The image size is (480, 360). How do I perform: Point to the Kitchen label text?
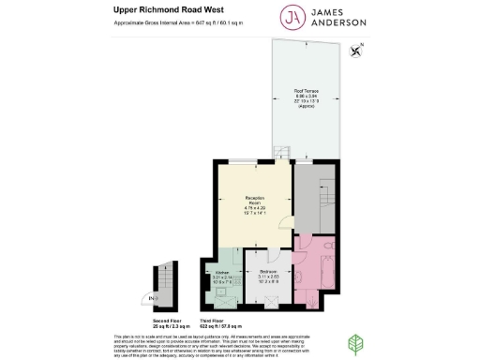pyautogui.click(x=222, y=277)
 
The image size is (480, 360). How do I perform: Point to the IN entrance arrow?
pyautogui.click(x=154, y=298)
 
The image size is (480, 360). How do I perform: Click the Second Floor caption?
pyautogui.click(x=169, y=321)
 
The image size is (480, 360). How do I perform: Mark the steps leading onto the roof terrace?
pyautogui.click(x=280, y=152)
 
